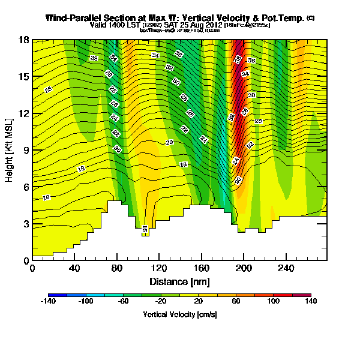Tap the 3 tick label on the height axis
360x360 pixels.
[25, 223]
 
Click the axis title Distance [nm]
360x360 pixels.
[179, 281]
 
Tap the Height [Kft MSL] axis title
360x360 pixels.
[10, 150]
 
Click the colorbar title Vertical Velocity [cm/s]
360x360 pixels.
[179, 314]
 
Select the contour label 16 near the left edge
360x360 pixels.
[46, 197]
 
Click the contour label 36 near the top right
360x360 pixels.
[251, 61]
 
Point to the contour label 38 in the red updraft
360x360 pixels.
[238, 59]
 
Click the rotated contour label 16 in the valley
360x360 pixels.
[145, 229]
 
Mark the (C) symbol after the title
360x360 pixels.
[310, 18]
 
